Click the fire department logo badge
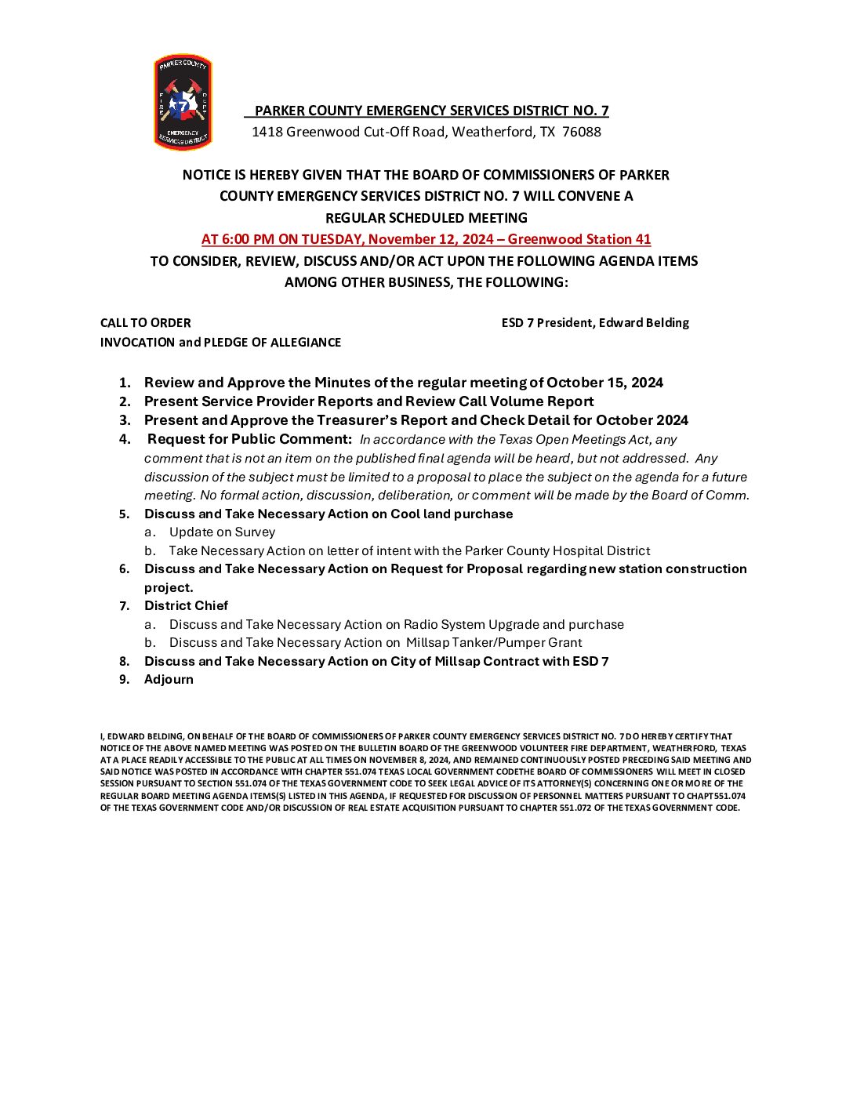coord(183,102)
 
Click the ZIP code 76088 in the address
coord(581,132)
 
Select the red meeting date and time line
coord(426,239)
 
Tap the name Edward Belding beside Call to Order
coord(644,322)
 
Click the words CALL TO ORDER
coord(145,322)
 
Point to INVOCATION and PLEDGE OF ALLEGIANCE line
coord(220,342)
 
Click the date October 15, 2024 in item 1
coord(604,383)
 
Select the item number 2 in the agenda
coord(125,401)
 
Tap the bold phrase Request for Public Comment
coord(249,439)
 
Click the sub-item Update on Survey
coord(222,532)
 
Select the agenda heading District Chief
coord(186,605)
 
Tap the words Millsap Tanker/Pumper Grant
coord(494,642)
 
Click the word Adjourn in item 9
coord(169,679)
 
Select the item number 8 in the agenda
coord(125,661)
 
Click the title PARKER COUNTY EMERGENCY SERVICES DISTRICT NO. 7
coord(431,111)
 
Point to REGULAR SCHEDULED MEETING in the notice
coord(426,218)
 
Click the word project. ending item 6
coord(169,587)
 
